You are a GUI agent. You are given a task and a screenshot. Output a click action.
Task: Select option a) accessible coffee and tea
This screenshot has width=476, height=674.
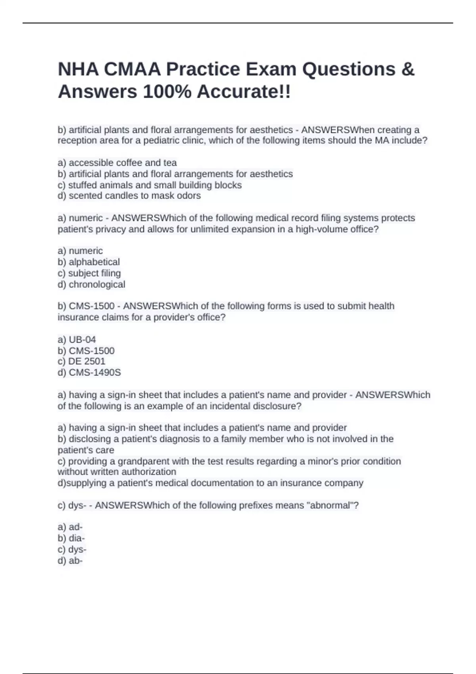pos(117,163)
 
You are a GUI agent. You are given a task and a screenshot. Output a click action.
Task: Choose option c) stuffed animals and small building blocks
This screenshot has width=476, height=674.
pos(150,185)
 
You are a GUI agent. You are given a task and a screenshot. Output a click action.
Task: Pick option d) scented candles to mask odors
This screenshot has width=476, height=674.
pos(129,196)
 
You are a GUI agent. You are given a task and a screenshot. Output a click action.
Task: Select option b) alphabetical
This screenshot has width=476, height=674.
pos(88,262)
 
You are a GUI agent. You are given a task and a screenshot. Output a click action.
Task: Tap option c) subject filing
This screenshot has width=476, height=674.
pos(89,273)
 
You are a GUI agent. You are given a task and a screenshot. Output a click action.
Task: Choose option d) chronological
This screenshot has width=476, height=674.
pos(91,284)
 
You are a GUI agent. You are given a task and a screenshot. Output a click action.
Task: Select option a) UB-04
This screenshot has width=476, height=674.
pos(77,339)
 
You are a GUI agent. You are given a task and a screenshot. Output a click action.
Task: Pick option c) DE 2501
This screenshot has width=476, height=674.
pos(81,362)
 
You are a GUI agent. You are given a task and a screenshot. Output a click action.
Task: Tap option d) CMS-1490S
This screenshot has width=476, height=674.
pos(89,373)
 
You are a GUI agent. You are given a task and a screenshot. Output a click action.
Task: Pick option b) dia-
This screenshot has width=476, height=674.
pos(71,538)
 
